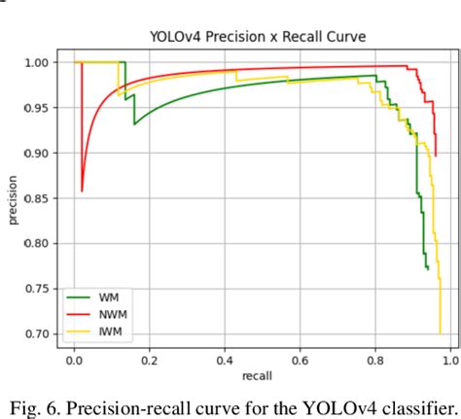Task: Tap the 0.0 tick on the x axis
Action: (x=75, y=361)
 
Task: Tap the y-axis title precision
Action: (x=14, y=199)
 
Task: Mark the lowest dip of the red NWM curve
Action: (x=83, y=191)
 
